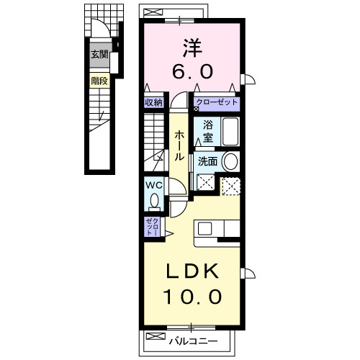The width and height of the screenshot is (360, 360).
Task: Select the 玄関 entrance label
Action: point(99,54)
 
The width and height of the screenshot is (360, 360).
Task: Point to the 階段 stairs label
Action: point(99,81)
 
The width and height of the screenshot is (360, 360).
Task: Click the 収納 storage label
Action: point(153,102)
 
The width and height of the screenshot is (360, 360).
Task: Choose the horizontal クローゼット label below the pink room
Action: point(216,102)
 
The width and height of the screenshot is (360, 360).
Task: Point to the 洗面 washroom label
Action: point(207,161)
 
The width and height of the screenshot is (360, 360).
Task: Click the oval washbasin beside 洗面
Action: point(231,161)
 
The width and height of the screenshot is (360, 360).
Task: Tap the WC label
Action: point(154,185)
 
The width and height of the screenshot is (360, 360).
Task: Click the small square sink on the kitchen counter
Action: point(204,229)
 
